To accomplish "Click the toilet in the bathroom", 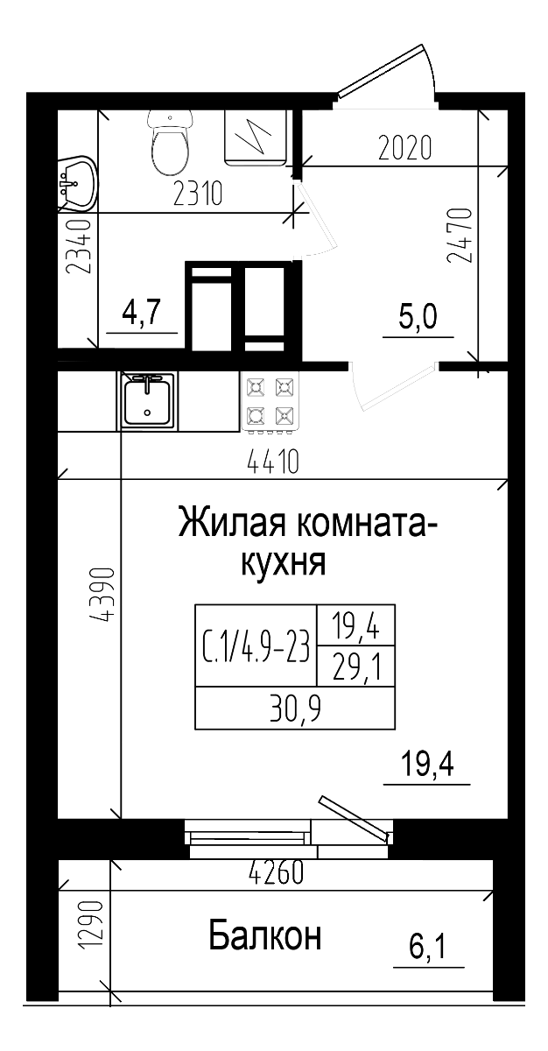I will coord(170,145).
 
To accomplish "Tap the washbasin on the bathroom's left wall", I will coord(77,185).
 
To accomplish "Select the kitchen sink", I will coord(149,400).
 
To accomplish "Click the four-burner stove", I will coord(270,402).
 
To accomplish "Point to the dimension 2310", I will coord(199,193).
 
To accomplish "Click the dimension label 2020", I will coord(404,149).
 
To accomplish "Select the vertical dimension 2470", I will coord(460,235).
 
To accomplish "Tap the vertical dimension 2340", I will coord(80,247).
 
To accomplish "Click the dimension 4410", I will coord(273,461).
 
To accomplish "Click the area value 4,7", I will coord(143,313).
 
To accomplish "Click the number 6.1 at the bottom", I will coord(429,948).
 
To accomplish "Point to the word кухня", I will coord(283,563).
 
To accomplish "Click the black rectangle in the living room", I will coord(294,666).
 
